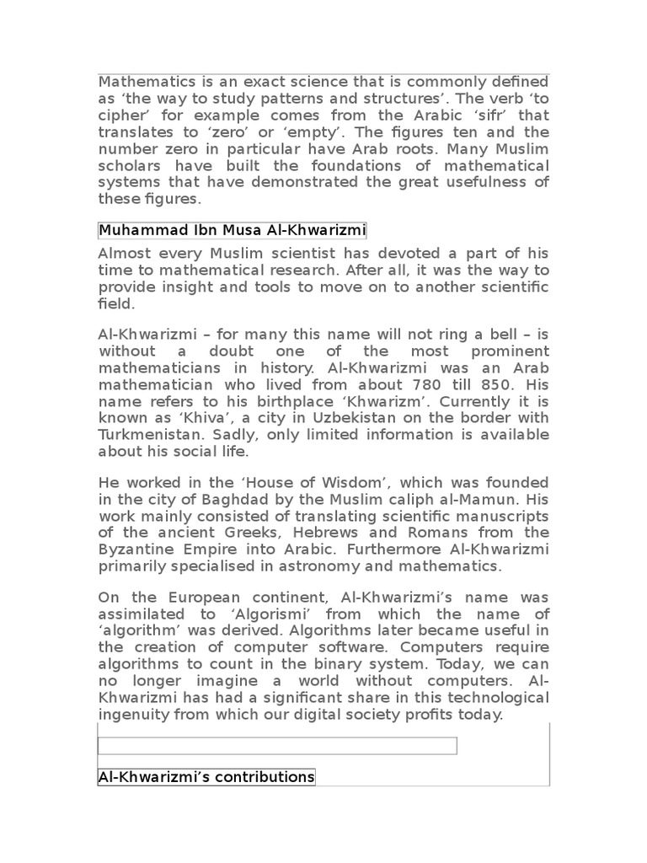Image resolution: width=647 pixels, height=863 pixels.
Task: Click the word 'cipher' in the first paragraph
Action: click(120, 115)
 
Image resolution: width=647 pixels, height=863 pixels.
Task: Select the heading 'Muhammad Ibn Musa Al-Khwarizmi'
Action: click(232, 230)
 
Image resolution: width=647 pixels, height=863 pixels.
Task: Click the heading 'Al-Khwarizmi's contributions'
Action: click(206, 776)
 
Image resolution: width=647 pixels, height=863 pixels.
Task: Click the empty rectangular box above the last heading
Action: click(277, 746)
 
